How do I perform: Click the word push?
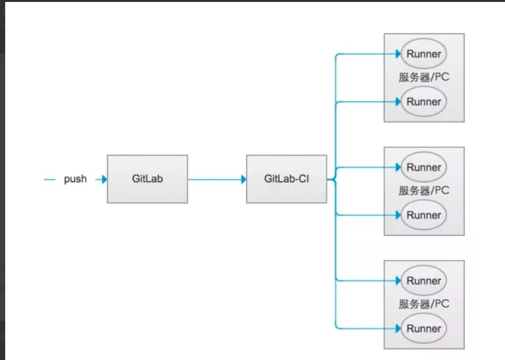[75, 179]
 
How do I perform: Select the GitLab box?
[147, 179]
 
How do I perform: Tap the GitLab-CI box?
[287, 179]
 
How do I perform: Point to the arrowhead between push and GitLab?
[102, 179]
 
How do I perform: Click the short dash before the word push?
[50, 179]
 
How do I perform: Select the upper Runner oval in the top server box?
[424, 54]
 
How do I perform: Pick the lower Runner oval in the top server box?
[424, 102]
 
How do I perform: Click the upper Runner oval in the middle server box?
[424, 167]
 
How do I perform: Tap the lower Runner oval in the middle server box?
[424, 215]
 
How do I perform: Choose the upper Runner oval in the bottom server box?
[424, 281]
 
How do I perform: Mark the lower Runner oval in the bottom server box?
[424, 328]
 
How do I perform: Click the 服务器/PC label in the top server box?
[424, 77]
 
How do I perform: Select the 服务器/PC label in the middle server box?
[424, 191]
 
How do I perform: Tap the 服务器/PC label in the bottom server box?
[424, 304]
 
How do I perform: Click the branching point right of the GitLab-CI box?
[333, 179]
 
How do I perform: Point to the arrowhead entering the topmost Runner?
[397, 54]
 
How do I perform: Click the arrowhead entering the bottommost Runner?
[397, 328]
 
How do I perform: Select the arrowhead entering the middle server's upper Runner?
[397, 167]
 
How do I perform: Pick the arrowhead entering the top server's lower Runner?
[397, 102]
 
